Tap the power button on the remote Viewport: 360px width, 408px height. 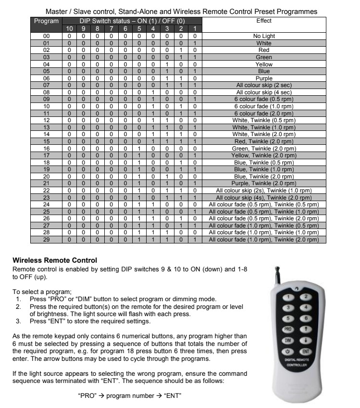288,352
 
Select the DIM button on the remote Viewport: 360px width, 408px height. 288,340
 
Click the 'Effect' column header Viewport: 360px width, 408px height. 264,21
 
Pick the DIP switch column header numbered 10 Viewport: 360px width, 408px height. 70,29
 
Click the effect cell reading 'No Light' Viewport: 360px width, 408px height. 264,36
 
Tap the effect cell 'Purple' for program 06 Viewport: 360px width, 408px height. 264,78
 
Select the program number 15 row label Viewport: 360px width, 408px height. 47,141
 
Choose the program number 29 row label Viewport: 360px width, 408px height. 47,240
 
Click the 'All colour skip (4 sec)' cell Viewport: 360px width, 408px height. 264,92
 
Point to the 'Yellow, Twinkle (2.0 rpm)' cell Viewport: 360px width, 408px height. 264,155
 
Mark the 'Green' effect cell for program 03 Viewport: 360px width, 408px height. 264,57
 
